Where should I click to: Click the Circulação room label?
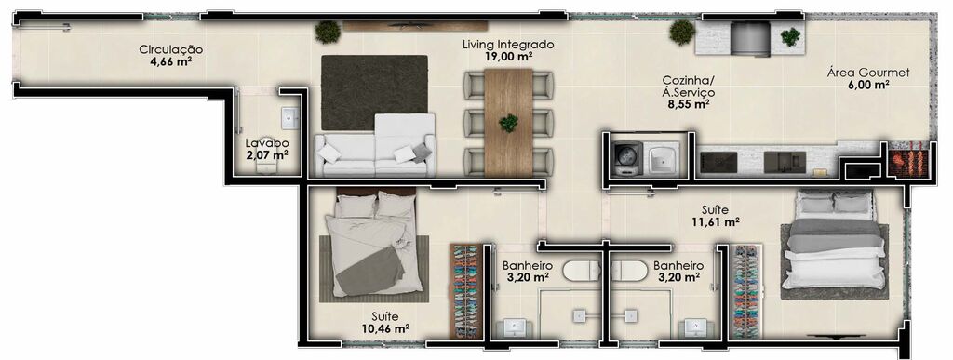pos(171,49)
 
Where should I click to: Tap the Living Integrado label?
pos(508,45)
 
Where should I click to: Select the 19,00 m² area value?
pos(509,57)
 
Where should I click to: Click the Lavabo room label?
pos(267,143)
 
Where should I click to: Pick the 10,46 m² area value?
pos(384,329)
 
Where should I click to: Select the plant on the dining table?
pos(509,123)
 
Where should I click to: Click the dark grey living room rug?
pos(374,92)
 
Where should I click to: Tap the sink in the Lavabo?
pos(290,118)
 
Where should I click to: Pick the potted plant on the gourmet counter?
pos(790,37)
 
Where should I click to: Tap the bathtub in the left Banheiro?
pos(582,270)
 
